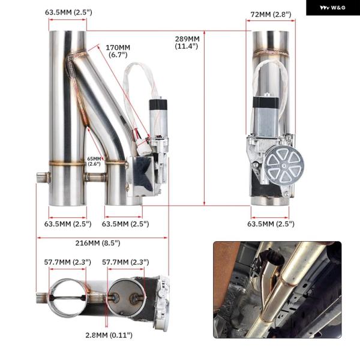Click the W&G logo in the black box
click(332, 8)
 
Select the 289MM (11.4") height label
click(187, 43)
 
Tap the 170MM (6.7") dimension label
click(118, 51)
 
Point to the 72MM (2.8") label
click(271, 14)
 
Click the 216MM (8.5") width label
click(98, 243)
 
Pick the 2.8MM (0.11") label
click(109, 335)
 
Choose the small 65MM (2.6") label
click(94, 161)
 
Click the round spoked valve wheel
click(284, 164)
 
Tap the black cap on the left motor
click(158, 104)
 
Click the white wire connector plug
click(144, 146)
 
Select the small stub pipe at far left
click(43, 178)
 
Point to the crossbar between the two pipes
click(95, 177)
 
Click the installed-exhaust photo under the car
click(277, 290)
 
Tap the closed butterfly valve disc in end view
click(126, 298)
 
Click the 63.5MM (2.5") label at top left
click(68, 12)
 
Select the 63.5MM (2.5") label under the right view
click(271, 224)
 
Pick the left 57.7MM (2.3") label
click(67, 262)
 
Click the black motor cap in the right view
click(266, 102)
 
